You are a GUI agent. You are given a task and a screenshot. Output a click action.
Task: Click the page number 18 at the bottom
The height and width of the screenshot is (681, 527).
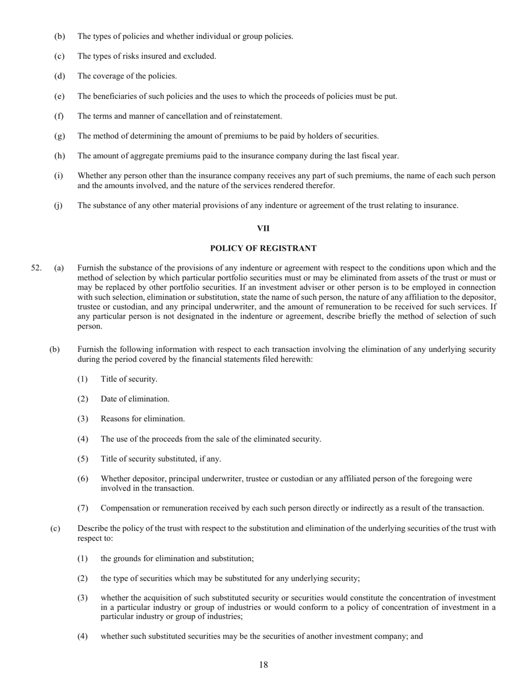point(263,665)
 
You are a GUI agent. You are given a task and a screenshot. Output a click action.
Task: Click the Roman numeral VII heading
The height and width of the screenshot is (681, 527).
point(263,228)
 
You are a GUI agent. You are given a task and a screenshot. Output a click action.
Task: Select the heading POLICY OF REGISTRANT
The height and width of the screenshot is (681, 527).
point(263,248)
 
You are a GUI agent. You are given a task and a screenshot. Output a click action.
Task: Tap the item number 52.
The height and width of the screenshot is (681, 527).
point(36,268)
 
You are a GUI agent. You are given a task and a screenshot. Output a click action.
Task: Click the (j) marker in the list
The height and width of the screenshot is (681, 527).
point(58,205)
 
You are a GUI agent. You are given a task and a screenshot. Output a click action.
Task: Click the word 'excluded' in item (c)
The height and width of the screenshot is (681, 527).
point(200,56)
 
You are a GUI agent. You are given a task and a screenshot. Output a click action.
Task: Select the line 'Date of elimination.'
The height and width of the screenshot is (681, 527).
point(135,399)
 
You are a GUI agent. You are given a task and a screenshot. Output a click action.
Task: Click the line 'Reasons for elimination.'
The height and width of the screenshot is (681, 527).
point(143,419)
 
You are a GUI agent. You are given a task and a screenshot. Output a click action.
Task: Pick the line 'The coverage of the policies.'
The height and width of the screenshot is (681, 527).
point(127,76)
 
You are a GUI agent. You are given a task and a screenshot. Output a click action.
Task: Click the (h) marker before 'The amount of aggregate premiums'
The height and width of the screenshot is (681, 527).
point(59,156)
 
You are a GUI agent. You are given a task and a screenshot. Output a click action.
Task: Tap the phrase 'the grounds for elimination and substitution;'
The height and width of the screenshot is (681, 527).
point(177,558)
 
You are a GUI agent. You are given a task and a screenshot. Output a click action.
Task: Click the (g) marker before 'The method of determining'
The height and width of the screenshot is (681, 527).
point(59,136)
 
